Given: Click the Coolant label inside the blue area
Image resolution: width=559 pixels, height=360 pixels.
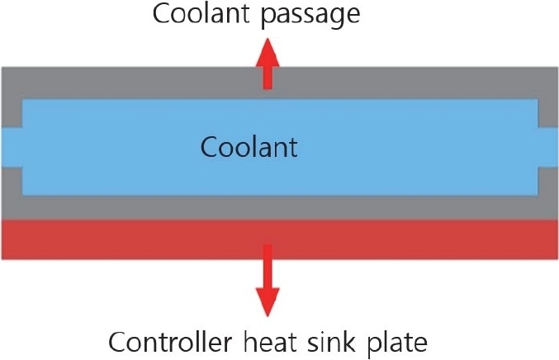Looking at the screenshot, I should point(249,149).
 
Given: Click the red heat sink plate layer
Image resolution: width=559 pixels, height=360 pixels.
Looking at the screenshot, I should point(124,239).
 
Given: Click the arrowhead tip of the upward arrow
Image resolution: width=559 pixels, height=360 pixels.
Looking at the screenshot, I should point(266,42).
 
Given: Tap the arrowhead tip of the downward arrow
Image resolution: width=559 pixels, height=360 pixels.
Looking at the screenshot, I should point(266,316).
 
